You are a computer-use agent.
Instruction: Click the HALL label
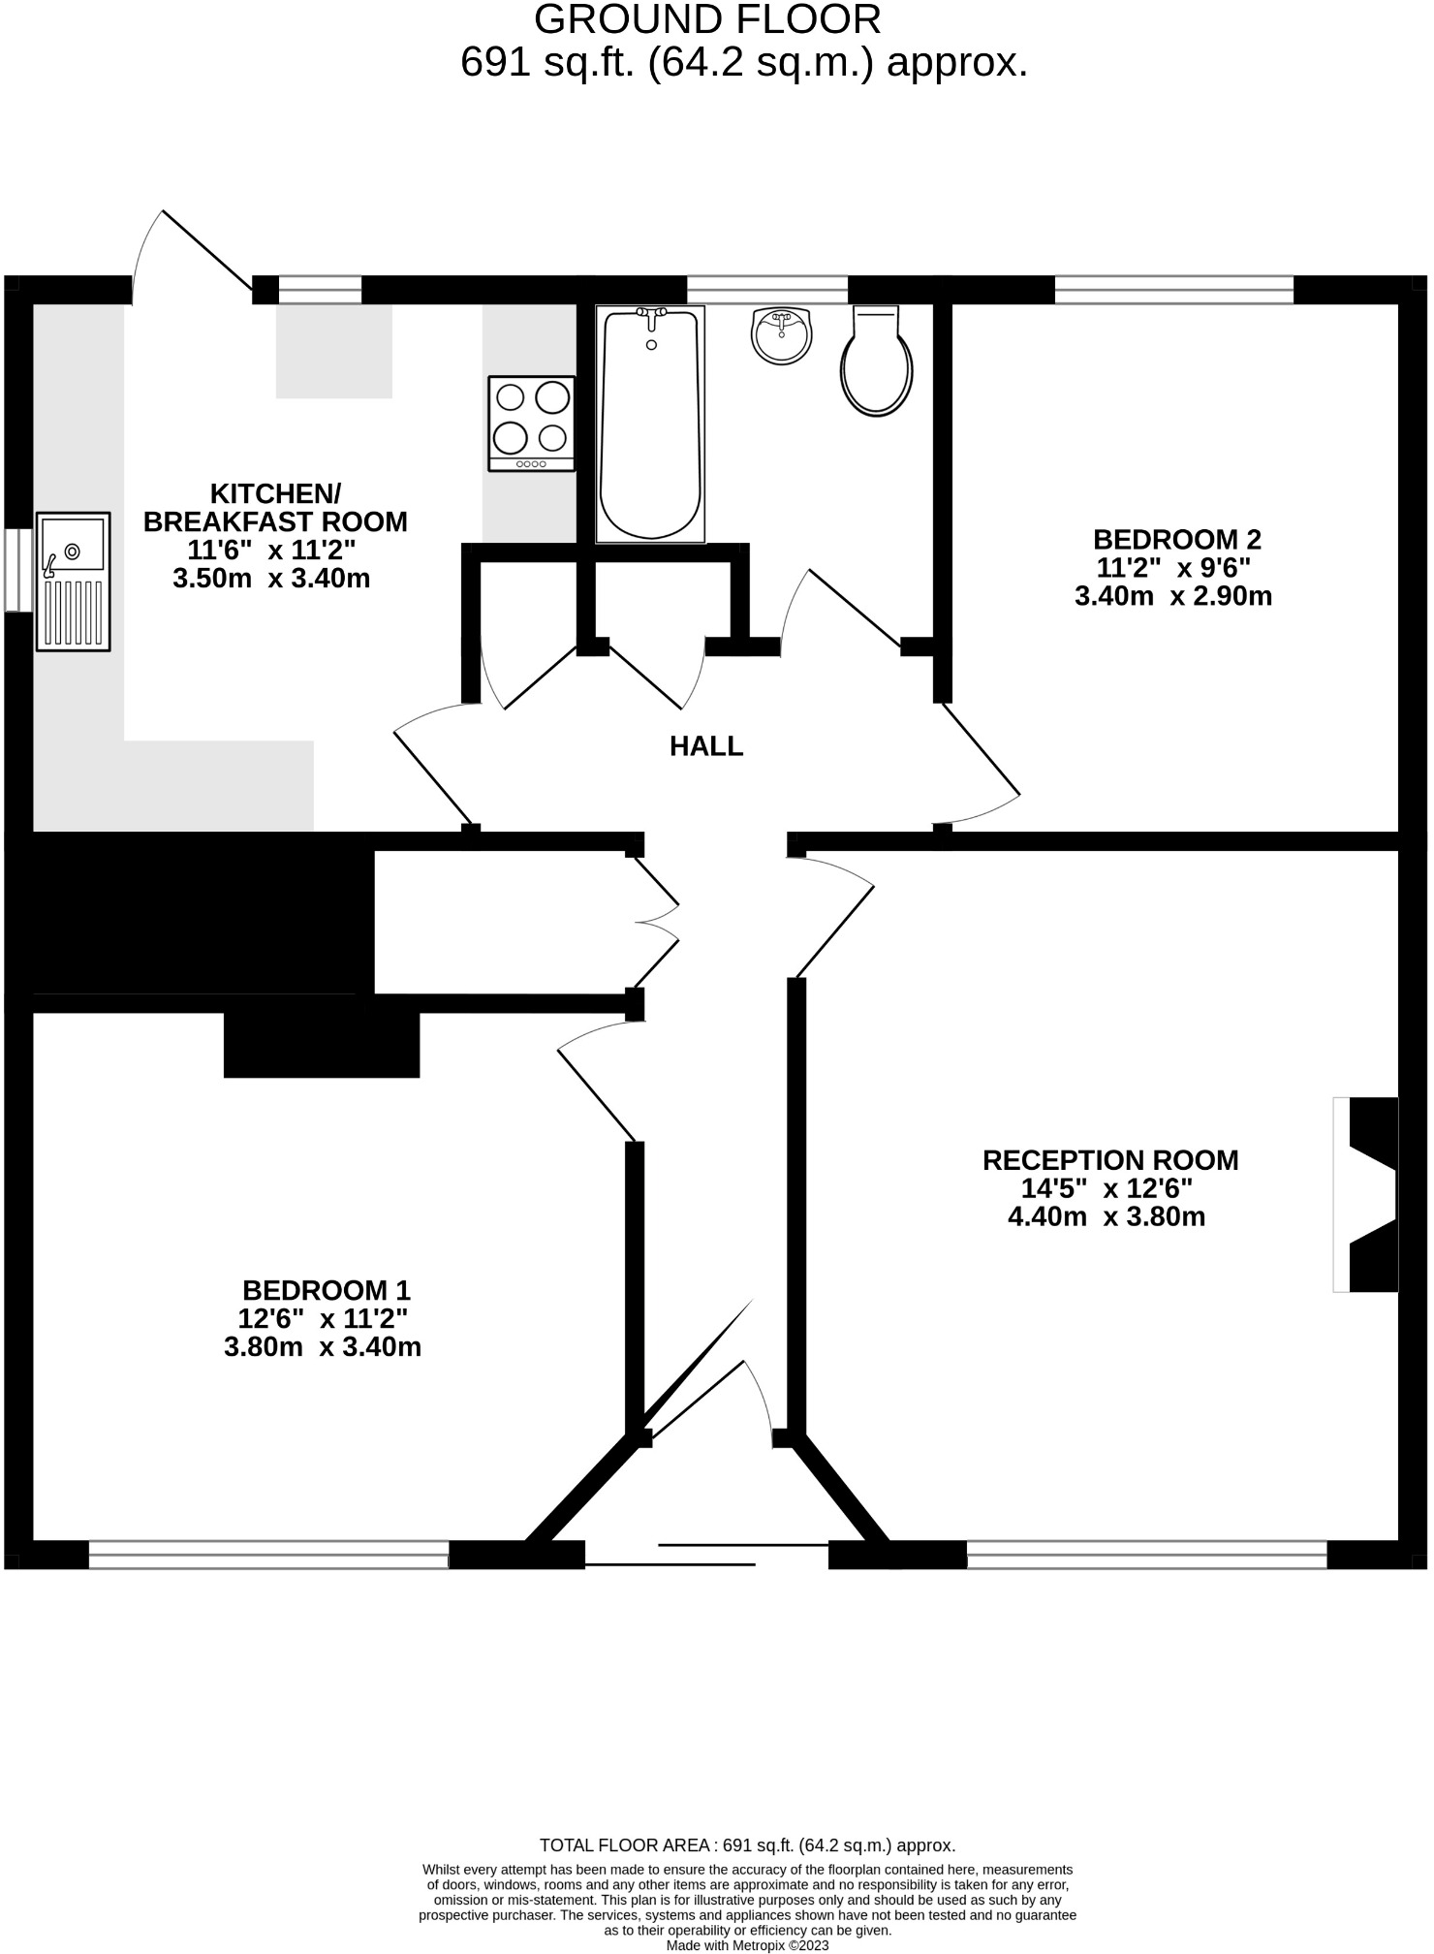coord(706,746)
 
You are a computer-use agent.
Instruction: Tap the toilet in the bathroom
coord(876,362)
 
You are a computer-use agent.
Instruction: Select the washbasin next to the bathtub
coord(781,335)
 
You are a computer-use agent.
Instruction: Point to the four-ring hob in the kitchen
coord(531,425)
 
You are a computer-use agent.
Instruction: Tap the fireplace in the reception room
coord(1368,1194)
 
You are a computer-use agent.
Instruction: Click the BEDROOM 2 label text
coord(1176,540)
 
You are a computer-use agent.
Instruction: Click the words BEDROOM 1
coord(326,1291)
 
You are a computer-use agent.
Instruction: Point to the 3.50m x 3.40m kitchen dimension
coord(271,580)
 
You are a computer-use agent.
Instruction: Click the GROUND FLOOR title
coord(707,19)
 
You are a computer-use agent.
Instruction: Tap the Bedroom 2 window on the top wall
coord(1173,289)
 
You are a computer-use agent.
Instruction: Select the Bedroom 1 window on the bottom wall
coord(268,1556)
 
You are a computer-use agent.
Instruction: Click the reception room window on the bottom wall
coord(1146,1556)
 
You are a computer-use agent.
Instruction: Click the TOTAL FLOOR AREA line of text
coord(747,1845)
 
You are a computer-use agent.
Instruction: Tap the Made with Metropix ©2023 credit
coord(747,1944)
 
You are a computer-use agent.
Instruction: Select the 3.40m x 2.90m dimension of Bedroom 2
coord(1172,596)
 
